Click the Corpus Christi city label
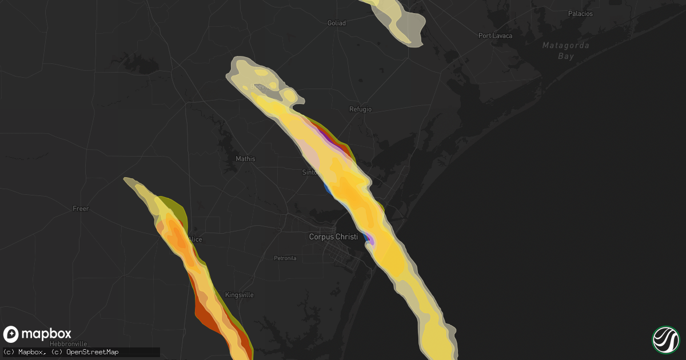tap(333, 237)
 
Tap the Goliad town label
tap(336, 23)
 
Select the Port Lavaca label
tap(495, 35)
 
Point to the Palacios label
tap(580, 14)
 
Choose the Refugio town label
tap(360, 109)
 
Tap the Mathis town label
tap(245, 159)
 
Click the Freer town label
tap(81, 209)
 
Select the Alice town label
tap(195, 239)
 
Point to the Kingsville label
tap(239, 295)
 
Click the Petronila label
tap(285, 258)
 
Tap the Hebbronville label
tap(69, 343)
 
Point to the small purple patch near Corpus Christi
tap(370, 240)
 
